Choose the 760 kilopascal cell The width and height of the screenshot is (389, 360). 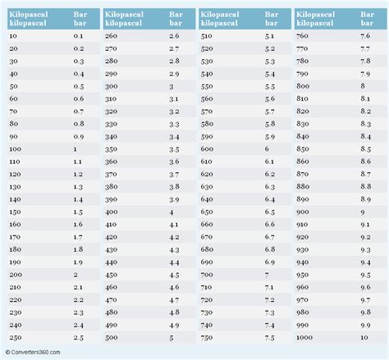[304, 37]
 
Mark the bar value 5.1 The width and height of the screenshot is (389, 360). [269, 37]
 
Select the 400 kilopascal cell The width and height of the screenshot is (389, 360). [112, 212]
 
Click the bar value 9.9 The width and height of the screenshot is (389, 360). [364, 324]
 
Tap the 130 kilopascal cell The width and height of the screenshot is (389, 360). [16, 187]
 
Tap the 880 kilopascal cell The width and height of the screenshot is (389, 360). [304, 187]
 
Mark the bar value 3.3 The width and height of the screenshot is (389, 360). [174, 124]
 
